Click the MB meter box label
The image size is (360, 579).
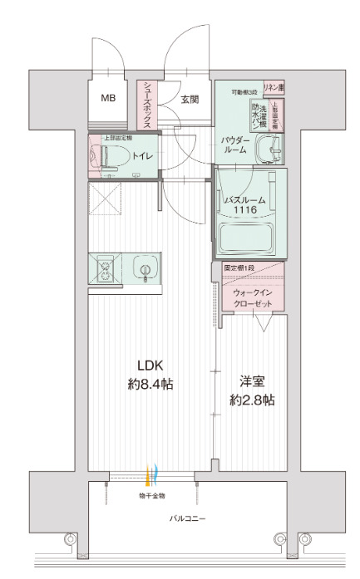click(x=109, y=98)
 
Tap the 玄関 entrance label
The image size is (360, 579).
click(x=190, y=100)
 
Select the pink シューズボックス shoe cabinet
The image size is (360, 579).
click(x=145, y=104)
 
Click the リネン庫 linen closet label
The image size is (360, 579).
click(x=274, y=87)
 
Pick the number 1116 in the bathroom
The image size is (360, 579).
click(x=244, y=212)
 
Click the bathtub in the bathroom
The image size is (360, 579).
click(x=249, y=241)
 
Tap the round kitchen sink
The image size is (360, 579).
click(x=145, y=270)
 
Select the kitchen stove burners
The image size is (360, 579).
click(x=106, y=270)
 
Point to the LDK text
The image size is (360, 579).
click(x=150, y=366)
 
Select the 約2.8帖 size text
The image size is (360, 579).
click(x=252, y=400)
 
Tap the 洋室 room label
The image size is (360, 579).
click(x=252, y=381)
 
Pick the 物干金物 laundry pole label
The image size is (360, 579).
click(x=151, y=495)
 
